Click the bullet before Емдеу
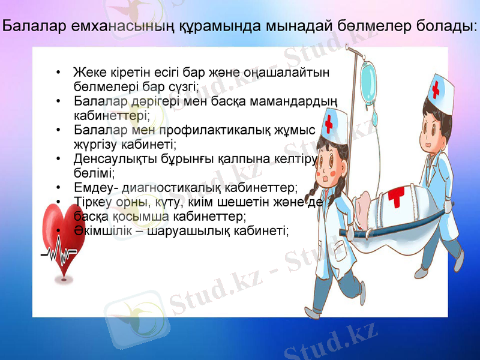click(58, 187)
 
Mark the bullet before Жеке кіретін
click(58, 73)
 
